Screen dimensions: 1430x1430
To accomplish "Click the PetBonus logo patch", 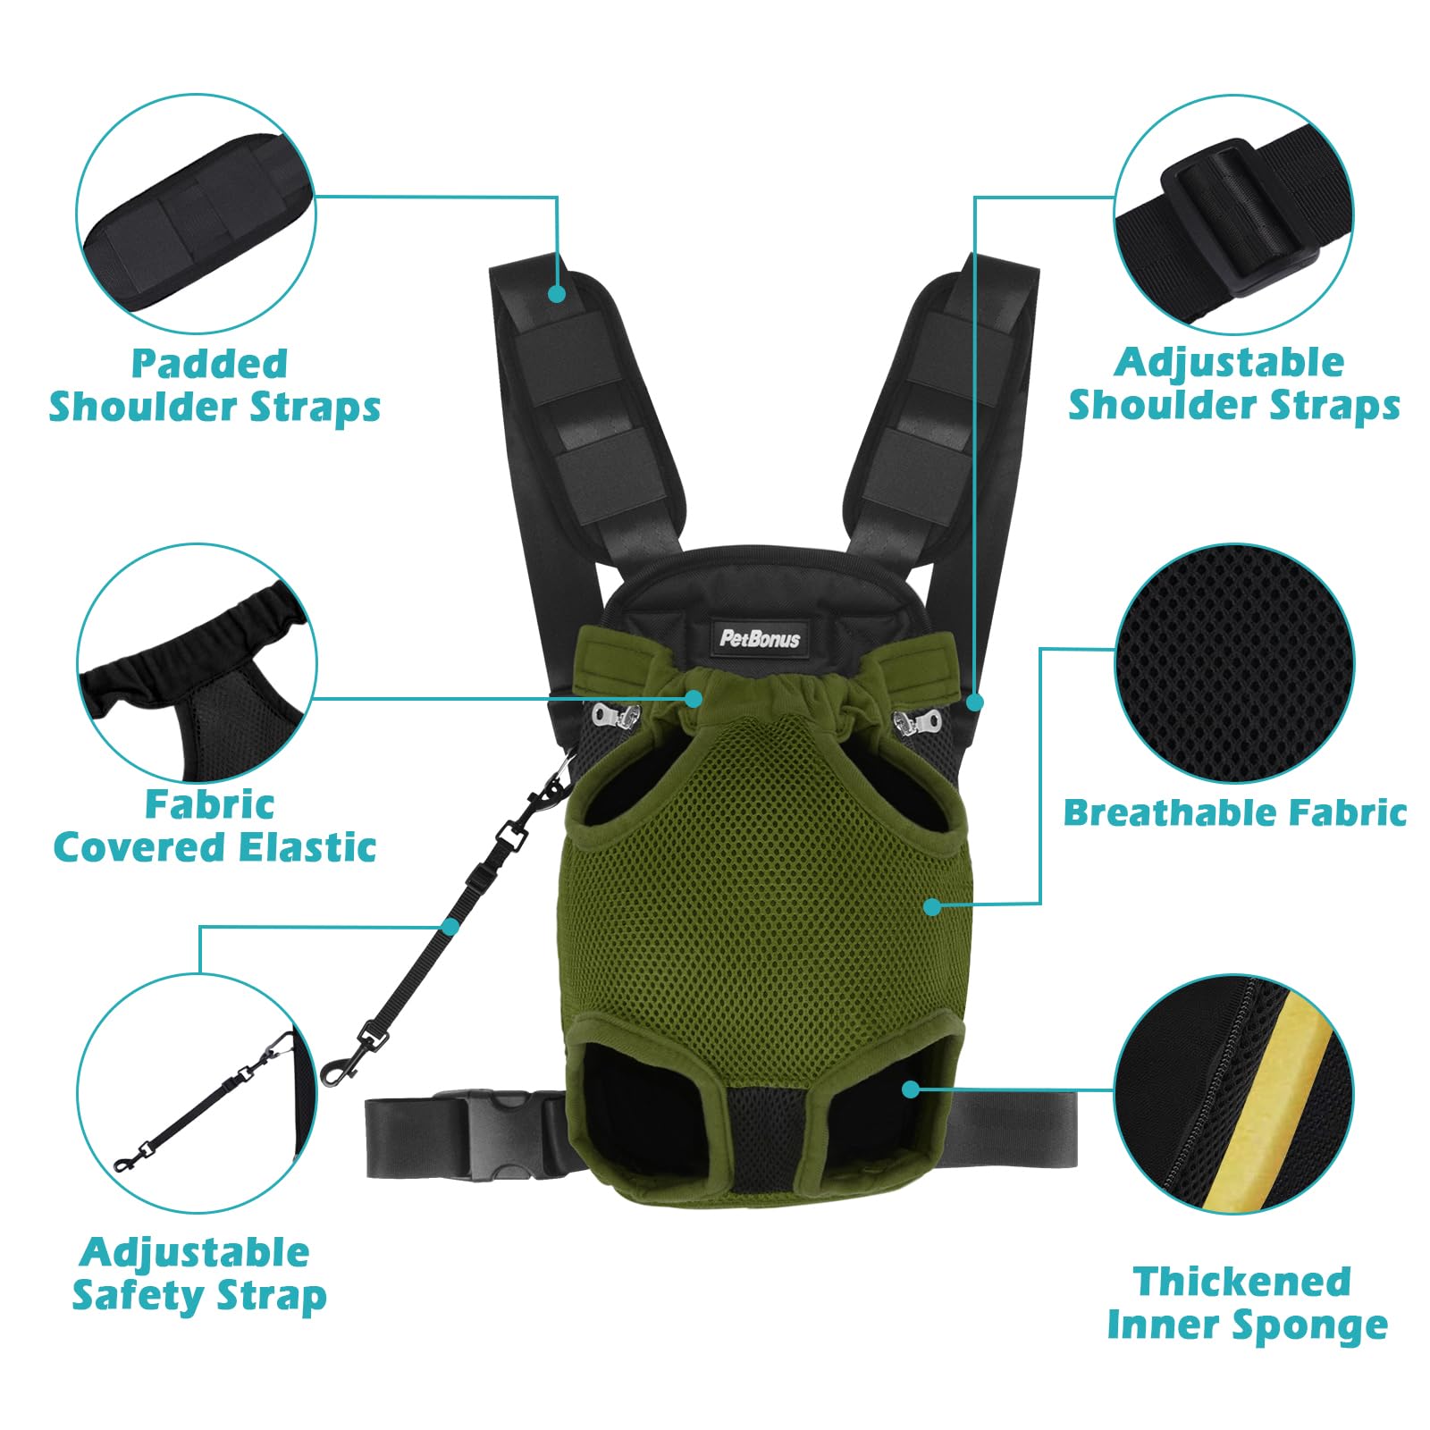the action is [x=760, y=638].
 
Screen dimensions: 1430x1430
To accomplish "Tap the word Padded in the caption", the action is [x=209, y=364].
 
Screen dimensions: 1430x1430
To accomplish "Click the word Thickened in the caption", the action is [x=1241, y=1281].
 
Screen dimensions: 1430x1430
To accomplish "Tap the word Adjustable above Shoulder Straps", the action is [x=1229, y=363].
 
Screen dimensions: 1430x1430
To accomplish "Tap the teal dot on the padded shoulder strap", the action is [x=557, y=293].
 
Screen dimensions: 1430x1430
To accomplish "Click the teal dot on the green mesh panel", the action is [x=932, y=906].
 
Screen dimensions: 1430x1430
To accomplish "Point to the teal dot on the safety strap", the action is [x=450, y=927].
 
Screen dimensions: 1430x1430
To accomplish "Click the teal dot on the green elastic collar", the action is [x=694, y=699].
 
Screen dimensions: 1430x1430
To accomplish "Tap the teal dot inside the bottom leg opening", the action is [x=911, y=1089].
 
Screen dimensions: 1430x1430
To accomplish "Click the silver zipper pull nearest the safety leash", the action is [x=615, y=715].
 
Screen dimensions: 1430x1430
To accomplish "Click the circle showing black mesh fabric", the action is [x=1234, y=663].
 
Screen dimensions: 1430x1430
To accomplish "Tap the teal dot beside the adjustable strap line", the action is [x=975, y=702].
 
